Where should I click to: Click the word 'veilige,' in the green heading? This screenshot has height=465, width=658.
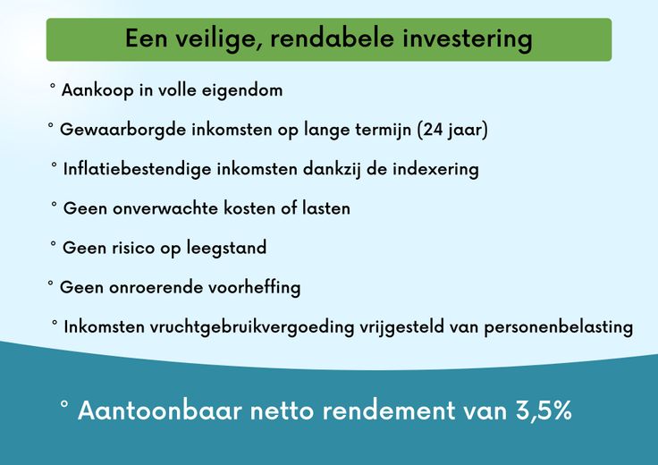point(218,39)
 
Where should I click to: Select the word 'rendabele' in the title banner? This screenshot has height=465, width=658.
point(333,38)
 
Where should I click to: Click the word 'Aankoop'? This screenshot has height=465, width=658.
point(97,90)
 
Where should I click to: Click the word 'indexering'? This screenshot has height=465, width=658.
point(435,170)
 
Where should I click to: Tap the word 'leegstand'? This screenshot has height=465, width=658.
point(226,248)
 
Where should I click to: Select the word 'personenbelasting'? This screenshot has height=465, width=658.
point(558,327)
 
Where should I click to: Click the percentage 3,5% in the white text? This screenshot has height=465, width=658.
point(544,410)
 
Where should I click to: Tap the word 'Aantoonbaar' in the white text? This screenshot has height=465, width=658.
point(160,410)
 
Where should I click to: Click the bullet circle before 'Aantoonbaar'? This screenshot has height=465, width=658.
point(64,403)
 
